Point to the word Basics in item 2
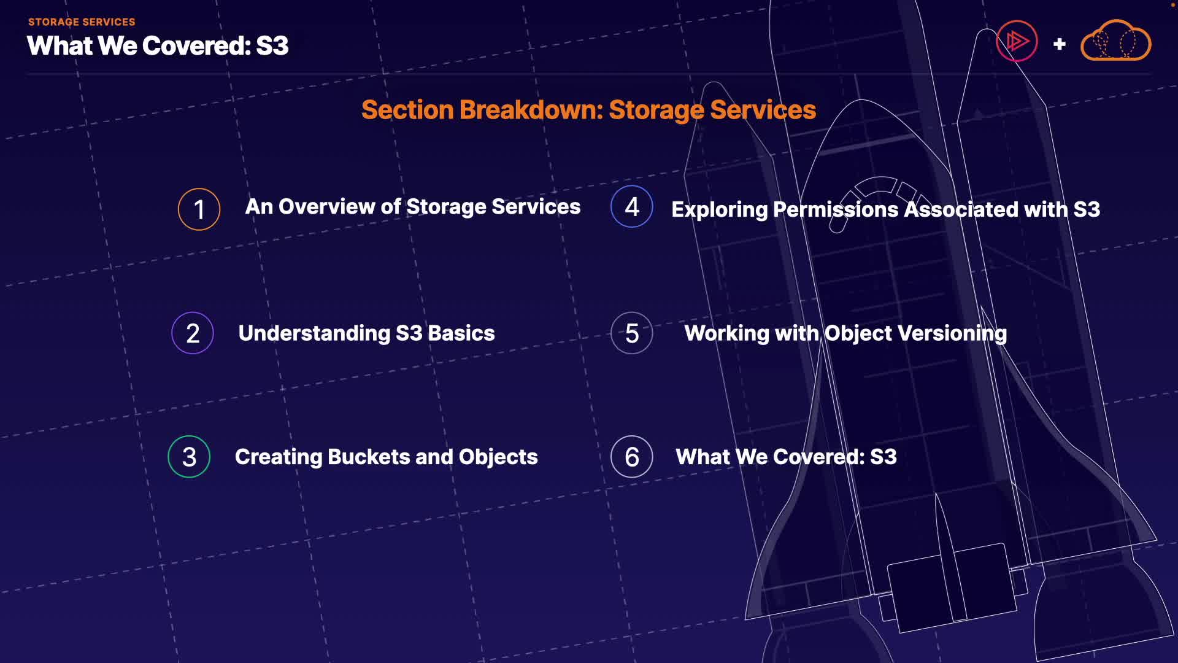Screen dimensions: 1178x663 461,333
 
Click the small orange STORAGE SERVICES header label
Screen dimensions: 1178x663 82,22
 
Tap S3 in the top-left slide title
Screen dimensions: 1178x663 272,46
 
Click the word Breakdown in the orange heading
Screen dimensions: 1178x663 531,110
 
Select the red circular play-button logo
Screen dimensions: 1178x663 1017,41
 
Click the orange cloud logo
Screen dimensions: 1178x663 1115,41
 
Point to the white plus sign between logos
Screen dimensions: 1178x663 1059,44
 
